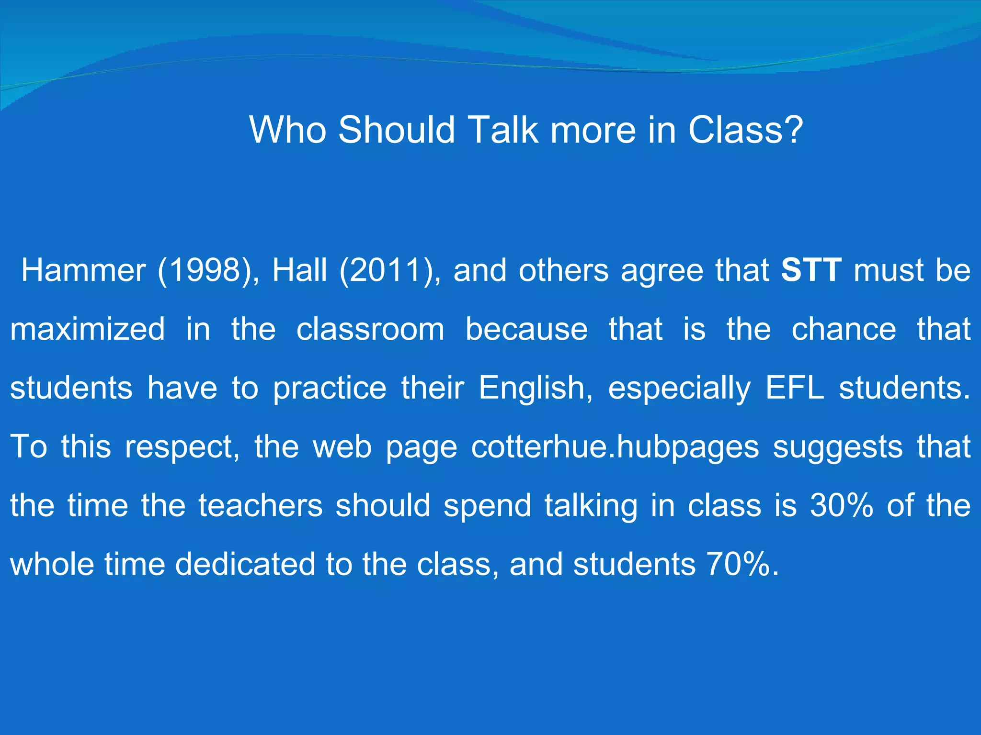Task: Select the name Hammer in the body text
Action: pyautogui.click(x=83, y=270)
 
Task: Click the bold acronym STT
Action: pyautogui.click(x=811, y=270)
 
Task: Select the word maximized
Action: pyautogui.click(x=88, y=329)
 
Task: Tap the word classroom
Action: pyautogui.click(x=370, y=329)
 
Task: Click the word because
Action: pyautogui.click(x=526, y=329)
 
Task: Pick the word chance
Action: pyautogui.click(x=844, y=329)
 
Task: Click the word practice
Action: pyautogui.click(x=330, y=388)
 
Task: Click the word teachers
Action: pyautogui.click(x=261, y=506)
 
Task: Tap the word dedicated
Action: pyautogui.click(x=244, y=565)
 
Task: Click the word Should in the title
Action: pyautogui.click(x=396, y=130)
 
